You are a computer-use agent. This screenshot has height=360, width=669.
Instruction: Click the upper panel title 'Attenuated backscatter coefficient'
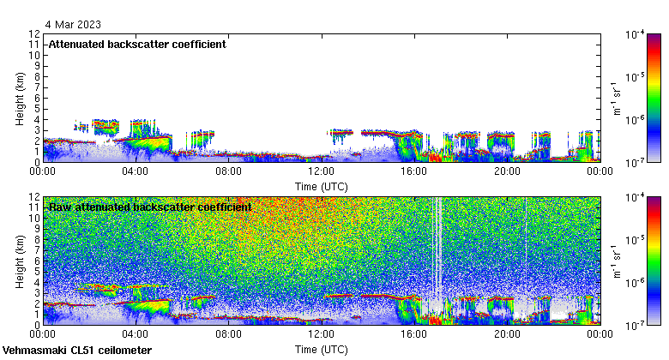tap(137, 44)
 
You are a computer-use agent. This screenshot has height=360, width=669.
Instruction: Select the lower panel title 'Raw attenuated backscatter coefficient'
tap(150, 207)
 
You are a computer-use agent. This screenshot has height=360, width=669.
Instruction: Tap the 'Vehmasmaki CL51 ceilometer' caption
tap(77, 351)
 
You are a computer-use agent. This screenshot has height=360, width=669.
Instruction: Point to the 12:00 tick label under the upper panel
tap(321, 171)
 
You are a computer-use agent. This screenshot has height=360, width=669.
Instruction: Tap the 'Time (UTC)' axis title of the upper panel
tap(321, 185)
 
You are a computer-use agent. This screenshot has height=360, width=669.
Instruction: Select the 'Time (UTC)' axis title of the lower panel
tap(321, 350)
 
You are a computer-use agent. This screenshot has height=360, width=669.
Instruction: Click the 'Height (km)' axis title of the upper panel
tap(19, 98)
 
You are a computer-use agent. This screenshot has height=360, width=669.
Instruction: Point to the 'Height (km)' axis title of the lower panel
tap(19, 261)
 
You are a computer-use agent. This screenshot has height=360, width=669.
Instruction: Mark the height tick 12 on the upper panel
tap(34, 34)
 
